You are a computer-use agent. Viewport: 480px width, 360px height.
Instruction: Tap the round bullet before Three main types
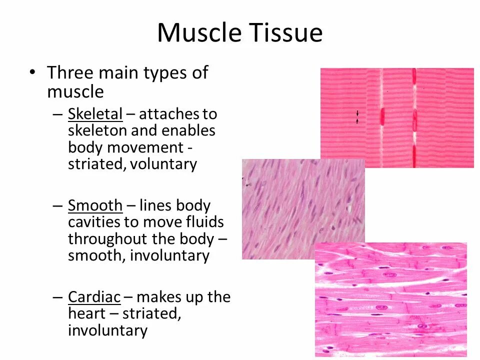coord(32,73)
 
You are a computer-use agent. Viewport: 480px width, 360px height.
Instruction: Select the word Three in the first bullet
coord(70,73)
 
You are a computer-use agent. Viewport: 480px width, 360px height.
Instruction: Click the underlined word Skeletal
coord(95,114)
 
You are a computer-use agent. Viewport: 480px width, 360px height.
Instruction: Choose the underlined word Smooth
coord(95,205)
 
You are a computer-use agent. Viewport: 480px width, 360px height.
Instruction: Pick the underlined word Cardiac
coord(94,297)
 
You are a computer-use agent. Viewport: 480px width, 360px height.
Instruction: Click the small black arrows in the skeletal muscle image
coord(357,117)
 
